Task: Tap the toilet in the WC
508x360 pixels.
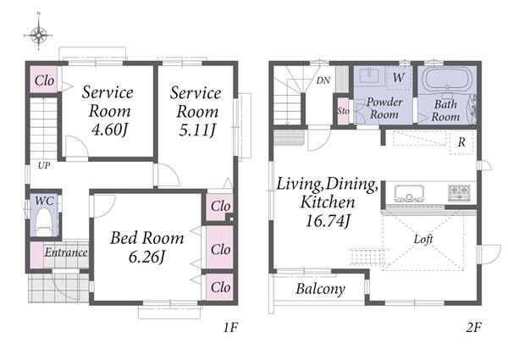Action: pyautogui.click(x=44, y=221)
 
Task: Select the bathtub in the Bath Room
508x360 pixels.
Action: pyautogui.click(x=447, y=80)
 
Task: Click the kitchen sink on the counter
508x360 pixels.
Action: pyautogui.click(x=409, y=193)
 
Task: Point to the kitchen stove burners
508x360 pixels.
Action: pyautogui.click(x=459, y=192)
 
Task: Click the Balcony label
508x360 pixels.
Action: pyautogui.click(x=320, y=288)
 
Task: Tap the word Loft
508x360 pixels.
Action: pyautogui.click(x=423, y=239)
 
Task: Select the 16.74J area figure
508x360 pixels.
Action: pyautogui.click(x=328, y=221)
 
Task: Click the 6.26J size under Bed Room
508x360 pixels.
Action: pyautogui.click(x=147, y=257)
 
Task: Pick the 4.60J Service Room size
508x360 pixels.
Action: pyautogui.click(x=109, y=130)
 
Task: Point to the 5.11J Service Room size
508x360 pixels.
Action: pyautogui.click(x=197, y=130)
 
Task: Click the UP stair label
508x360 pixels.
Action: pyautogui.click(x=44, y=165)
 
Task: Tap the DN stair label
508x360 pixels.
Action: pyautogui.click(x=323, y=80)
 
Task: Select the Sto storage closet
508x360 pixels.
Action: pyautogui.click(x=343, y=111)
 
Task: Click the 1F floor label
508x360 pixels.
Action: pyautogui.click(x=230, y=328)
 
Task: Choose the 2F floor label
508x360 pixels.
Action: pyautogui.click(x=473, y=328)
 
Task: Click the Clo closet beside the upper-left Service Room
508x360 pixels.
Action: pyautogui.click(x=44, y=80)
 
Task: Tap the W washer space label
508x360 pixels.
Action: pyautogui.click(x=399, y=77)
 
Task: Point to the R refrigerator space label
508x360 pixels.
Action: pyautogui.click(x=461, y=142)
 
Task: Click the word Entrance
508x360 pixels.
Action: pyautogui.click(x=66, y=252)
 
